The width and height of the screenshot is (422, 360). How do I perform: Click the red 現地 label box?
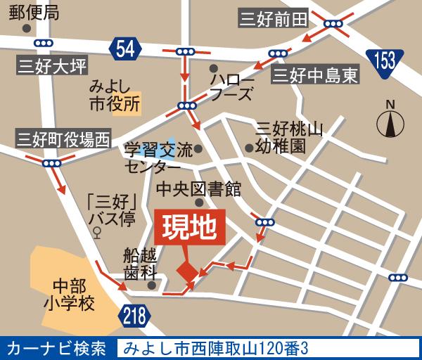tap(189, 228)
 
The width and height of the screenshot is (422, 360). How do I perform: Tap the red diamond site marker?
tap(187, 271)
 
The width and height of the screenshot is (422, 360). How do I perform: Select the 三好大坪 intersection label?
tap(53, 67)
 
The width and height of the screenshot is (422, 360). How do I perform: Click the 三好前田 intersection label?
tap(273, 19)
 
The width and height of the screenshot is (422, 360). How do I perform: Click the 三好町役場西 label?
tap(63, 138)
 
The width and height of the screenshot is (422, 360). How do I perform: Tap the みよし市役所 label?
tap(115, 96)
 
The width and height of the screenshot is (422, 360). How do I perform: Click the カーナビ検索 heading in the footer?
tap(56, 348)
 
